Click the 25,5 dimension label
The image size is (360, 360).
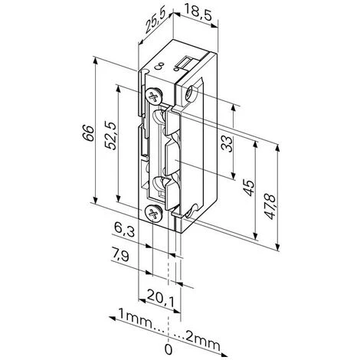[155, 21]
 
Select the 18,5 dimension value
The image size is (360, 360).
[198, 12]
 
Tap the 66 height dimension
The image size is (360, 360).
[88, 133]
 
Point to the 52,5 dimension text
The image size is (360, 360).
[110, 136]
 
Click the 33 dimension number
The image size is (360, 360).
[227, 144]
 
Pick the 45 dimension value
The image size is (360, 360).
[249, 188]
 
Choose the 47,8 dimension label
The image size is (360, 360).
[270, 207]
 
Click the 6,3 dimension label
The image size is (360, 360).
[124, 229]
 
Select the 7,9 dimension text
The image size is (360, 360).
[120, 255]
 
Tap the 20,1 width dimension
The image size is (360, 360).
[161, 298]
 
